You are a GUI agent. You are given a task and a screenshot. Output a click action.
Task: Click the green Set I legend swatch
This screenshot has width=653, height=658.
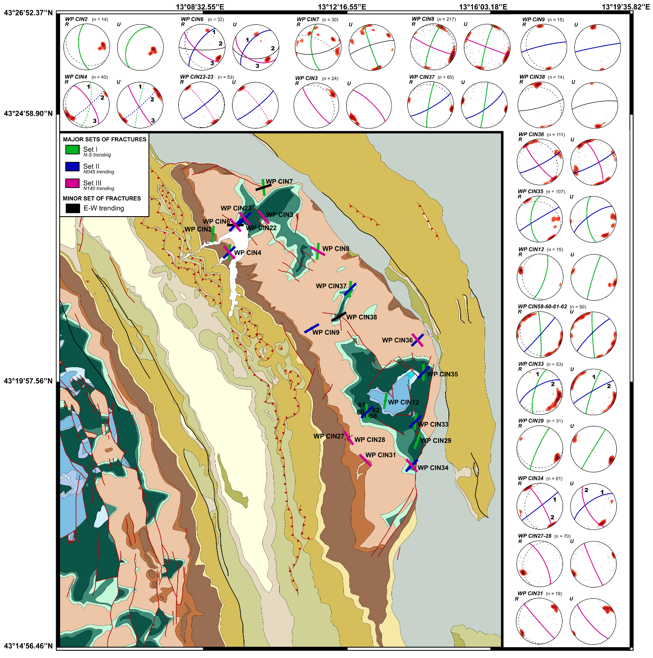(72, 149)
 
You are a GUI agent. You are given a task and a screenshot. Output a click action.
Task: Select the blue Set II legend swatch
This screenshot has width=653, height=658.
(72, 166)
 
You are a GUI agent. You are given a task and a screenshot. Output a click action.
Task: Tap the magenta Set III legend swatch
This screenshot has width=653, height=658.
(72, 183)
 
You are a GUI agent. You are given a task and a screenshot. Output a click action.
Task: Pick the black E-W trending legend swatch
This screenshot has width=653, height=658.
(72, 208)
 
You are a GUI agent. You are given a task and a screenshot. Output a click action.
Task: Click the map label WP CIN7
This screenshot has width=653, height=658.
(279, 181)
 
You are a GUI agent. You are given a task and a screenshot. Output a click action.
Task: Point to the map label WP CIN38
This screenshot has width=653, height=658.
(362, 317)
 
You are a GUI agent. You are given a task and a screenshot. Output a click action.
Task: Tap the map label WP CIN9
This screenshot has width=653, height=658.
(326, 332)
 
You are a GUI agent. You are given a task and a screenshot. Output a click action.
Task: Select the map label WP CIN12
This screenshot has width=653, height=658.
(403, 402)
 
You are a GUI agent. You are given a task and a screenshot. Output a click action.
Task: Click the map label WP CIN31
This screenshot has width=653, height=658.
(381, 455)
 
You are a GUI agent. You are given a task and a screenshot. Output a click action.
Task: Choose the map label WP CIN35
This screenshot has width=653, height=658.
(443, 374)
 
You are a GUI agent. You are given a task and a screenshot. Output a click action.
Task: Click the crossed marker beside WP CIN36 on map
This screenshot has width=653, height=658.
(417, 340)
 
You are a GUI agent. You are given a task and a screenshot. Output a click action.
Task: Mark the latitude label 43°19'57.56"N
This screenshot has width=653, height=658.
(28, 381)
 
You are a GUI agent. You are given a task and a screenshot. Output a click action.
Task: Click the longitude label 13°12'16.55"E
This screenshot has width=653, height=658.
(342, 7)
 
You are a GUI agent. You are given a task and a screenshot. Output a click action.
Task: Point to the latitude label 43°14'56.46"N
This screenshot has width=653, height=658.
(28, 646)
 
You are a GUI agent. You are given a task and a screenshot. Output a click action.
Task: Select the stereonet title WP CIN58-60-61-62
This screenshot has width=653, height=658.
(542, 307)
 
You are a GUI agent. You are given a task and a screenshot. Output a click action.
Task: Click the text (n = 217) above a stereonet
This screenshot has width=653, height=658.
(446, 19)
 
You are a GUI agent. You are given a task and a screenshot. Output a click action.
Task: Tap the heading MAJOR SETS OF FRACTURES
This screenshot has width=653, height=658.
(105, 139)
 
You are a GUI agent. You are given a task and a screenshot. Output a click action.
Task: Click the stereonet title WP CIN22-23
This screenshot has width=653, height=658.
(196, 77)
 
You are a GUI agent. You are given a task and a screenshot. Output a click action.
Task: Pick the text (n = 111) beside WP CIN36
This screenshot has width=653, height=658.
(556, 135)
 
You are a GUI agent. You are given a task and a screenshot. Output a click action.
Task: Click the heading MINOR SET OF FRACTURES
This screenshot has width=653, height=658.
(102, 198)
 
